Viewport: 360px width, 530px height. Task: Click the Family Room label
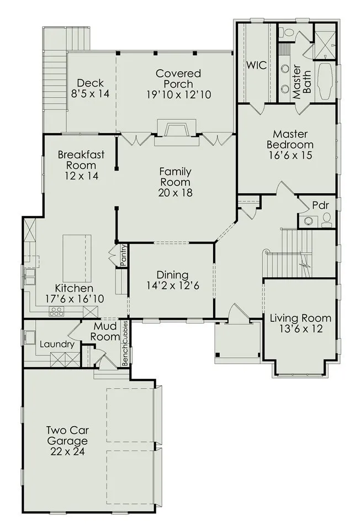(x=175, y=177)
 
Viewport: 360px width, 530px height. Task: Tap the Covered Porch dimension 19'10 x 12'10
(x=178, y=94)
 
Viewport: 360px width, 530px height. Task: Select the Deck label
(x=90, y=83)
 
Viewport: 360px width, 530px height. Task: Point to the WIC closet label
(x=257, y=65)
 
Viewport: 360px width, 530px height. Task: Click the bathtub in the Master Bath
(x=326, y=81)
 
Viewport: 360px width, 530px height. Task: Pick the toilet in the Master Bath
(x=288, y=33)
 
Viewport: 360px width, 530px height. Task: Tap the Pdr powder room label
(x=320, y=205)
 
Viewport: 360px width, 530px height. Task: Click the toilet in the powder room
(x=326, y=219)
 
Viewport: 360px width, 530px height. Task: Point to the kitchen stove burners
(x=56, y=311)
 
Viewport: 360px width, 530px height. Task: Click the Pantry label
(x=123, y=255)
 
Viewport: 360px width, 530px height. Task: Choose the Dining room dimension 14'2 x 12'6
(x=173, y=285)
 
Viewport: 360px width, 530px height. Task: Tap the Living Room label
(x=300, y=318)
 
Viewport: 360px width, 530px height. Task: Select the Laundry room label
(x=57, y=344)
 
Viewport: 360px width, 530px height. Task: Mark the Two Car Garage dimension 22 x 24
(x=67, y=451)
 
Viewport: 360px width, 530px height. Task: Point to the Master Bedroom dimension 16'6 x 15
(x=290, y=155)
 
